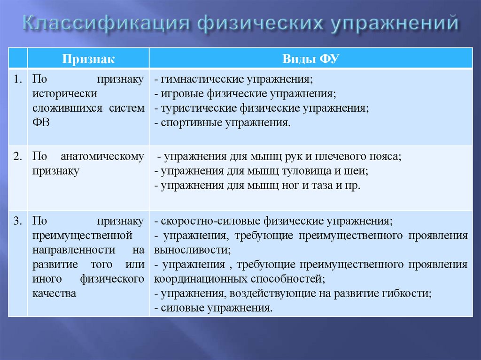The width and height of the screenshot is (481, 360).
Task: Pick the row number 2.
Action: click(x=18, y=156)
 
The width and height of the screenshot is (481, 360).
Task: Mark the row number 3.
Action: click(x=18, y=221)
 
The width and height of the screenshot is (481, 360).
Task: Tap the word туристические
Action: click(x=199, y=108)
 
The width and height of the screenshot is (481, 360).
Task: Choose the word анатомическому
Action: click(x=103, y=156)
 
